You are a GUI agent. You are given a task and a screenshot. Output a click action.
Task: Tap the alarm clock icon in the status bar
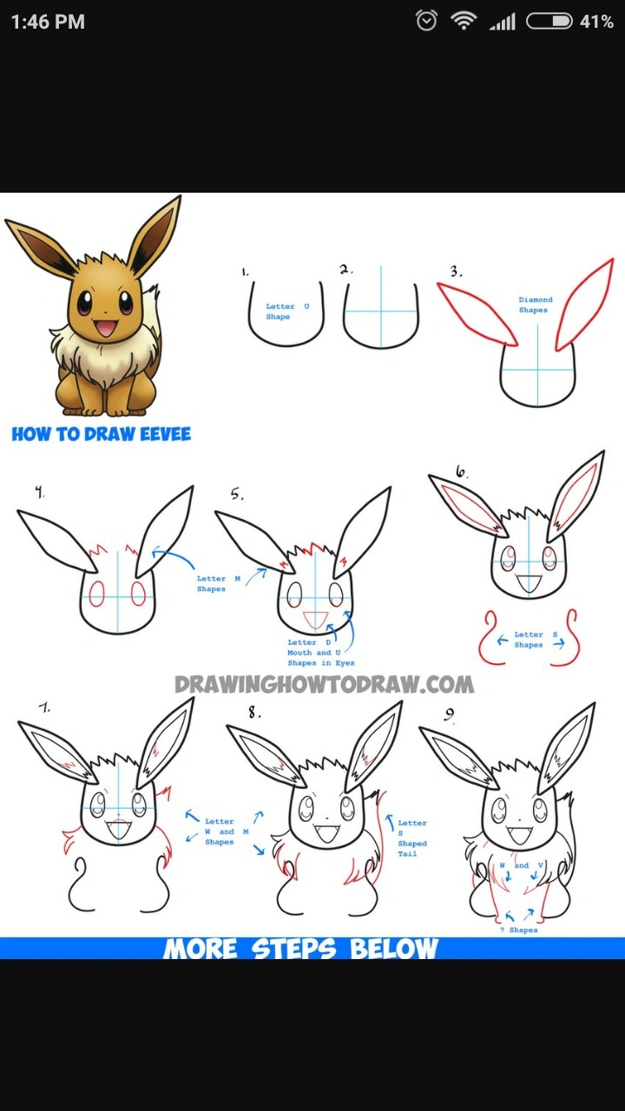point(426,21)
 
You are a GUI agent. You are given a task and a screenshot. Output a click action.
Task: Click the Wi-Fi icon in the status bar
point(464,21)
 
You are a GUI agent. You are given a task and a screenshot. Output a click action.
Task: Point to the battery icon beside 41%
point(549,22)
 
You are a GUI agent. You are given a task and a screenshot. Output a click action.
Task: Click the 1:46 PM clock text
point(48,22)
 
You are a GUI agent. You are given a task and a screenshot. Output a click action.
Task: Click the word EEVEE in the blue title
point(165,434)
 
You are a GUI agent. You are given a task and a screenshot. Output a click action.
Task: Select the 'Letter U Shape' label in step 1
point(287,312)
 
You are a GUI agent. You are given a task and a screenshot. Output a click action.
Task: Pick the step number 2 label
point(345,269)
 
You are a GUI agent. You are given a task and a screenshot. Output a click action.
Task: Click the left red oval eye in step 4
point(96,593)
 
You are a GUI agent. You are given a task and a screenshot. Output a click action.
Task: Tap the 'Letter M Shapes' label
point(218,583)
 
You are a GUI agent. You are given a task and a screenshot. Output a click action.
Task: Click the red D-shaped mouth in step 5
point(316,620)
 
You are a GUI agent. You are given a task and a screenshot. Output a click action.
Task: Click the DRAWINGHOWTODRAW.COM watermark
point(325,685)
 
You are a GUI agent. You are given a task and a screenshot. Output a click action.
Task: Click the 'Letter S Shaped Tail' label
point(412,838)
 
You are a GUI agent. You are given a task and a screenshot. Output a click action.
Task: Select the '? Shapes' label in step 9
point(519,930)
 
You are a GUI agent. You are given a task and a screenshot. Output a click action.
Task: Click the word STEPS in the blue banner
point(293,949)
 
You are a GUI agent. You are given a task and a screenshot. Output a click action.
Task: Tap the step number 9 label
point(449,714)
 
